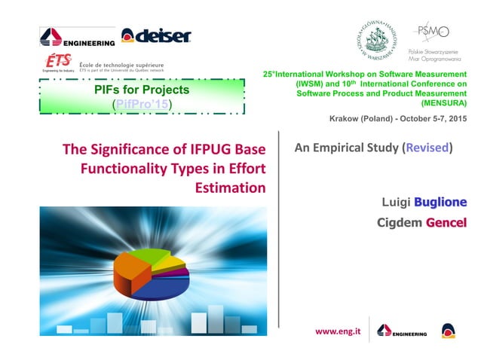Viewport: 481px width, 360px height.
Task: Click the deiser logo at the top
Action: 156,35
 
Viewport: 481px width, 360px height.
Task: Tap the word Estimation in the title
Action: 231,187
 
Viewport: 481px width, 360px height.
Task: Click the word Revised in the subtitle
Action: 427,148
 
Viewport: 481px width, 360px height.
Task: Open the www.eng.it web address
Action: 336,330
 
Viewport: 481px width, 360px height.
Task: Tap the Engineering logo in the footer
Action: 402,331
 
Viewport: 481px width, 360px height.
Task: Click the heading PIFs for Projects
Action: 142,90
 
